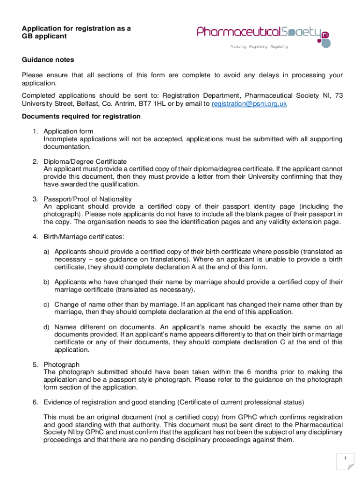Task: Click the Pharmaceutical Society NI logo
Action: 263,33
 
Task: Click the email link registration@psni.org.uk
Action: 249,104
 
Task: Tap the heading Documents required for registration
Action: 81,116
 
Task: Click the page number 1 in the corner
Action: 345,457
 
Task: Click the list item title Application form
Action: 68,131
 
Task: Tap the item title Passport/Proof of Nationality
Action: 87,199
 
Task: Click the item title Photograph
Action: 61,364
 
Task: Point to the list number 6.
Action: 35,402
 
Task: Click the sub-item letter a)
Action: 47,252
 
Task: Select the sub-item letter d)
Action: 47,327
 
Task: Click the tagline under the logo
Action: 259,47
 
